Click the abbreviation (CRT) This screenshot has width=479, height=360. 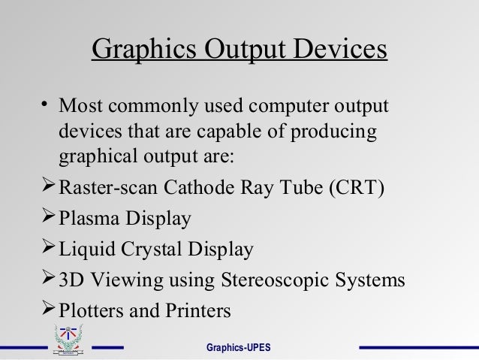point(357,187)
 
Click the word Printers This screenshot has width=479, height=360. point(194,311)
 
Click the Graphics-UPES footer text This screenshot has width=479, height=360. point(239,348)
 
